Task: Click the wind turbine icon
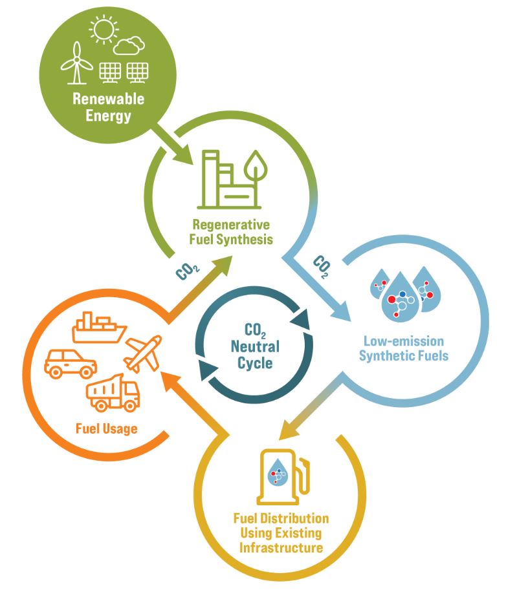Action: click(x=77, y=63)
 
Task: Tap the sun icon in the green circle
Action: click(x=104, y=30)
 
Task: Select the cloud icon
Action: click(x=129, y=45)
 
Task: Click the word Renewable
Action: click(x=109, y=99)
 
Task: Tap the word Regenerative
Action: click(x=231, y=225)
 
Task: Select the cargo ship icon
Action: click(x=99, y=327)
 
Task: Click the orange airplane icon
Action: click(x=143, y=353)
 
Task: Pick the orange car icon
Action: click(x=71, y=363)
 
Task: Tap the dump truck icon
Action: click(x=113, y=393)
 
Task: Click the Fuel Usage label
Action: click(x=106, y=428)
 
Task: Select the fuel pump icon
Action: click(x=283, y=477)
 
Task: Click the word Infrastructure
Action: click(x=281, y=547)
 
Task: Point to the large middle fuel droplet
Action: click(x=401, y=297)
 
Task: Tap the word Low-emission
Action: click(x=404, y=341)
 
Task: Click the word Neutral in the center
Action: click(x=255, y=346)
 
